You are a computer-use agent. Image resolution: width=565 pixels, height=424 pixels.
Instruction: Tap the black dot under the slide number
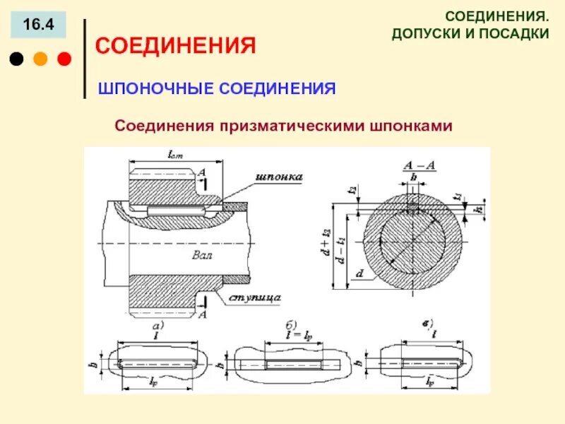click(16, 59)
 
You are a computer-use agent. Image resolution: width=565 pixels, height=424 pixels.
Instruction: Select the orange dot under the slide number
click(40, 59)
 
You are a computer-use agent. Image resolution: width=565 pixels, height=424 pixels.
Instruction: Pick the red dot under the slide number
click(63, 59)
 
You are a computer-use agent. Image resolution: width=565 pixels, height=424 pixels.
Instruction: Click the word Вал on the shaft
click(201, 253)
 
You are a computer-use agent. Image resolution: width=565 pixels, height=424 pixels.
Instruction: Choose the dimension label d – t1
click(341, 251)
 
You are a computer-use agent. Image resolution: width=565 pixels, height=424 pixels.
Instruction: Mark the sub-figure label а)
click(158, 326)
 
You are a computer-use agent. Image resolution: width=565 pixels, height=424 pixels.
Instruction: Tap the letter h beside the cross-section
click(478, 209)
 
